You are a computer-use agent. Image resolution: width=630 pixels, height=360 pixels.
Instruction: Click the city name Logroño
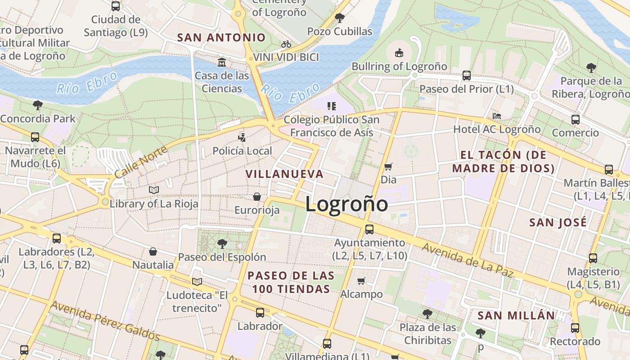point(346,204)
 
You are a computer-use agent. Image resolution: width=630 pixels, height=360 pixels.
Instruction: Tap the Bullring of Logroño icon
point(399,53)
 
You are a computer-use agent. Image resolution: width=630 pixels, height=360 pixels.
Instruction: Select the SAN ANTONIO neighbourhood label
point(221,37)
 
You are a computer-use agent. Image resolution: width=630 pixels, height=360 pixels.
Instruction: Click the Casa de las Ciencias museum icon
point(221,62)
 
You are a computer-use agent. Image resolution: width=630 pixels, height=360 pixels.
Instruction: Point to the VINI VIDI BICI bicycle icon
point(286,44)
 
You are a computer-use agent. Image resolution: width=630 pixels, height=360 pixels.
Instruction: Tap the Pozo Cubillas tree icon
point(340,18)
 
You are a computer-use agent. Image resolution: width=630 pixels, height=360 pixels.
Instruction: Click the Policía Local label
point(242,151)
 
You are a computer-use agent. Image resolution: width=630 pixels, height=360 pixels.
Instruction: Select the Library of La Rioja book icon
point(154,190)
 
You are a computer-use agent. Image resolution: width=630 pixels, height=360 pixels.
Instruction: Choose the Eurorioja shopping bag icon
point(257,197)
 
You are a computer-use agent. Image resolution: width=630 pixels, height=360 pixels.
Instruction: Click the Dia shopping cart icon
point(388,167)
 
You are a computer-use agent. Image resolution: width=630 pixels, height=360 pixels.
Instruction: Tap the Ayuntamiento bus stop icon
point(369,229)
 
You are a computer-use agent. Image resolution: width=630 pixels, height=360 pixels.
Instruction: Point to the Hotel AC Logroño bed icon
point(497,116)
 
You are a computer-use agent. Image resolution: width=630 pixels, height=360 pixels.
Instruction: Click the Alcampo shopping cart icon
point(361,281)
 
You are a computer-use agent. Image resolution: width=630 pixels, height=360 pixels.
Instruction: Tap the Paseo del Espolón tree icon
point(222,244)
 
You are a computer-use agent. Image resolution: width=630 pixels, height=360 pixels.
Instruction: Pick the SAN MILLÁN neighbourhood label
point(517,315)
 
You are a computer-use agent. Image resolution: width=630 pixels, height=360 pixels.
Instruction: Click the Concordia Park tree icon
point(38,106)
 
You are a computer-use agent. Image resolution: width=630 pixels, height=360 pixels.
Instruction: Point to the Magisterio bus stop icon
point(593,258)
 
